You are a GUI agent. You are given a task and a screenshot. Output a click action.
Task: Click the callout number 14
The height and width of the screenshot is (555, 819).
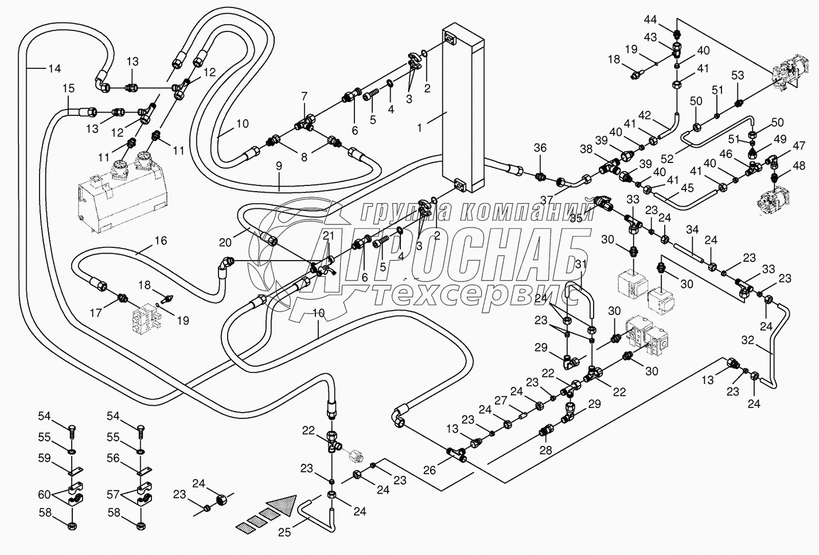[54, 69]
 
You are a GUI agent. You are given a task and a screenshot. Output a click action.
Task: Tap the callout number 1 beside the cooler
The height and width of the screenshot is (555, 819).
[419, 127]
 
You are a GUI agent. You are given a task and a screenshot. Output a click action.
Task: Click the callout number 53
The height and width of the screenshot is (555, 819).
[738, 76]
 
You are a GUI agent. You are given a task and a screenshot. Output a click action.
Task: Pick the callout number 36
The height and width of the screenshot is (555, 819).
[540, 148]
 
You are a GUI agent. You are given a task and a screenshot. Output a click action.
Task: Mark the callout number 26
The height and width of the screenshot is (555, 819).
[430, 470]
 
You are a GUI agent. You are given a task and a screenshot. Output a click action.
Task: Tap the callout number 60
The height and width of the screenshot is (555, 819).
[45, 494]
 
